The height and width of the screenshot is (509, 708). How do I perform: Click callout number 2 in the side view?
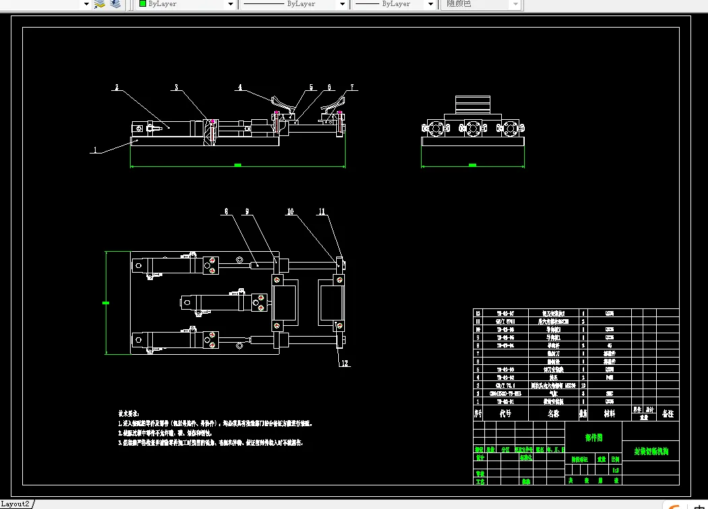click(x=117, y=88)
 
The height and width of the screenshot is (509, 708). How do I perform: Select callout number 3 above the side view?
click(x=176, y=88)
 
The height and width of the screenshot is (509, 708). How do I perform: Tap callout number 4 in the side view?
click(x=239, y=87)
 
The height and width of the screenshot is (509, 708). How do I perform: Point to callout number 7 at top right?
click(x=351, y=88)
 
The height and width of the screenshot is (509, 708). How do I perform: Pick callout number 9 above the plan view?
click(x=247, y=211)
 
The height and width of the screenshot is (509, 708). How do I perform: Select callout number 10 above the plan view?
click(x=290, y=211)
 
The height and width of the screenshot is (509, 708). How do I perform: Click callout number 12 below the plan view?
click(x=344, y=364)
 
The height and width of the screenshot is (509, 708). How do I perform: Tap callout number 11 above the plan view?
click(x=322, y=211)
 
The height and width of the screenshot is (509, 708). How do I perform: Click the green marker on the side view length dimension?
click(x=237, y=165)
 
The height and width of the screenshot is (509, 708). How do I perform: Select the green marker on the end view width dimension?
click(x=472, y=165)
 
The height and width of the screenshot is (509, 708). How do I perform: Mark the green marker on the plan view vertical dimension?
click(x=106, y=303)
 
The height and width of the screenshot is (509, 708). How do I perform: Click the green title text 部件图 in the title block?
click(x=593, y=438)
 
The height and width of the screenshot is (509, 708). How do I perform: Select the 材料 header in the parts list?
click(x=610, y=413)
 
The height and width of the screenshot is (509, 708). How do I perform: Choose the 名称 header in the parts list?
click(x=554, y=413)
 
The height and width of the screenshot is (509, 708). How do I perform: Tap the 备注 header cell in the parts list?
click(x=668, y=413)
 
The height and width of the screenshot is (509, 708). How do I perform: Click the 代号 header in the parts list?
click(x=505, y=413)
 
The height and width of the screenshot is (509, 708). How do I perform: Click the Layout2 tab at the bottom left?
click(x=15, y=504)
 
